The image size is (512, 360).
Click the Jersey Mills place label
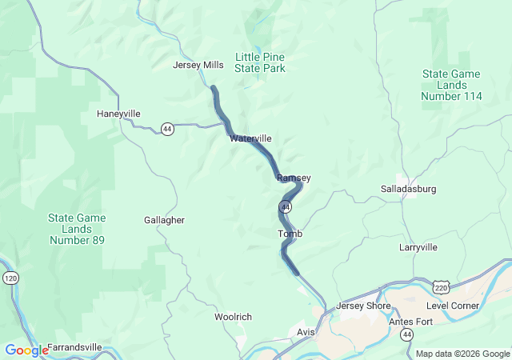198,65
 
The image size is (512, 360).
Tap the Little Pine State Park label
260,62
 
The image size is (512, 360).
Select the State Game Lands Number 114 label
452,85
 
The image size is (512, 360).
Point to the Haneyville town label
118,114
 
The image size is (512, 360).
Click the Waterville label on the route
250,138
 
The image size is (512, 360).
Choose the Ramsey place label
293,178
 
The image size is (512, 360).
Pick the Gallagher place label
164,220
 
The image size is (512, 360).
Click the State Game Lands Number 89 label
77,229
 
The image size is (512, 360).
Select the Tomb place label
290,234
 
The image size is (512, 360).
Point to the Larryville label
418,247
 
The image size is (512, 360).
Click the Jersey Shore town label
363,306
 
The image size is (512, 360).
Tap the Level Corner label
453,306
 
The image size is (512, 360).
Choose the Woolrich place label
233,317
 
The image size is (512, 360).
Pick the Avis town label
306,331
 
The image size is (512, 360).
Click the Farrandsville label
74,347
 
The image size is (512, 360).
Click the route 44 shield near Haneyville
166,128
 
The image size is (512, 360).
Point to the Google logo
26,350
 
